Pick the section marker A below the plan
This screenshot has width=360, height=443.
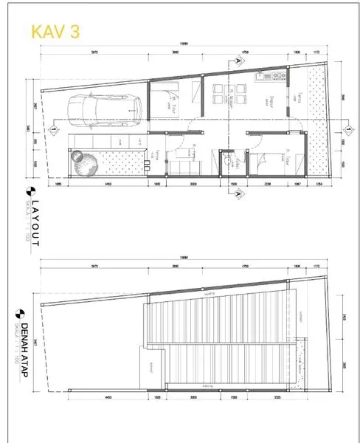[x=238, y=194]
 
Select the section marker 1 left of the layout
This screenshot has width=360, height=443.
[x=55, y=131]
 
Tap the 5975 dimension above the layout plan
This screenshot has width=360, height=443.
[x=94, y=53]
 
